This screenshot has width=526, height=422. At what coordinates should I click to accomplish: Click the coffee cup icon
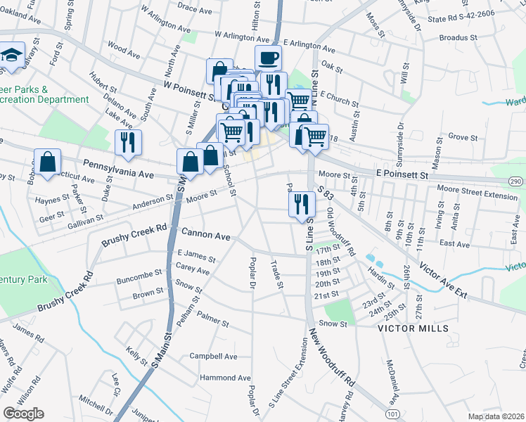(268, 58)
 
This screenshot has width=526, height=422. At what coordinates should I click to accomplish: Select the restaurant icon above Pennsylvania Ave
(128, 142)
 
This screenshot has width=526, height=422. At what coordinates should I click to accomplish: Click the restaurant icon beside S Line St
(301, 204)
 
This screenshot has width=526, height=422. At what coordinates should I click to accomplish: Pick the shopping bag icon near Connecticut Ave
(47, 162)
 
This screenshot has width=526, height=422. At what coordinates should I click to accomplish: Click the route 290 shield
(515, 181)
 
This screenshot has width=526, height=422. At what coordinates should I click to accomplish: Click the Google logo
(23, 413)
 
